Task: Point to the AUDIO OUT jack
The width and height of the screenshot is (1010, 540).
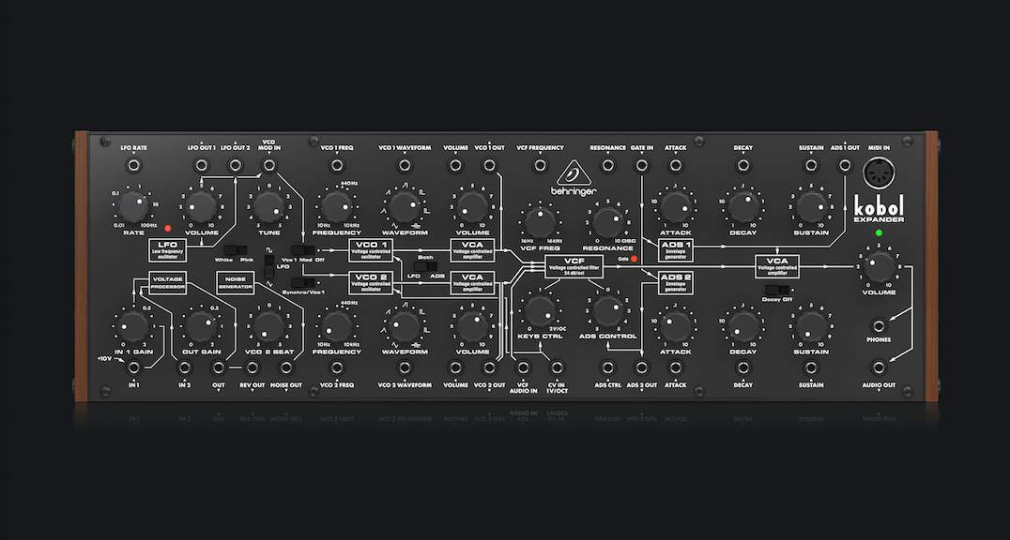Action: [879, 367]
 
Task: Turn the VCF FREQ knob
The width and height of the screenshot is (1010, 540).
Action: [539, 221]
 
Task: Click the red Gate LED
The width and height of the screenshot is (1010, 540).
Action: [634, 259]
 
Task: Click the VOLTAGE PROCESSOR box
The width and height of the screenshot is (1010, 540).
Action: [166, 281]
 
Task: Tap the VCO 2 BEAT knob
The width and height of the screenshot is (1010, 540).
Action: [268, 325]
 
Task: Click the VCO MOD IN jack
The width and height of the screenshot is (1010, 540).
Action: [268, 166]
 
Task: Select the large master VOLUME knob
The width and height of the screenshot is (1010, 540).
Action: [879, 268]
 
